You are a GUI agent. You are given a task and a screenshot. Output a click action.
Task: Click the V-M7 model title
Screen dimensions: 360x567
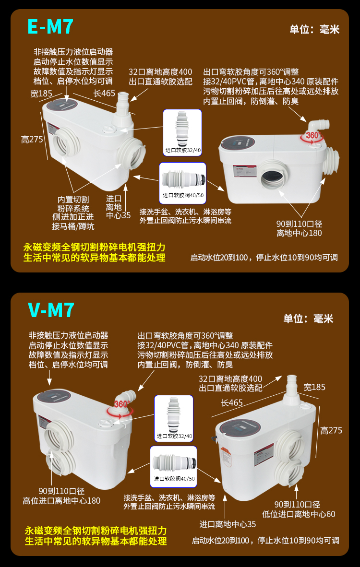(x=51, y=310)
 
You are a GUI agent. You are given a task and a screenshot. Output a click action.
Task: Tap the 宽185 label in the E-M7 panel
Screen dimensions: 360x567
(x=41, y=94)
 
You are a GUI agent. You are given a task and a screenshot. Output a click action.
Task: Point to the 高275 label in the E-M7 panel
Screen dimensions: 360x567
(x=32, y=140)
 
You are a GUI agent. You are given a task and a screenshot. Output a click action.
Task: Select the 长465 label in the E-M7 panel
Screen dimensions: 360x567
(x=104, y=94)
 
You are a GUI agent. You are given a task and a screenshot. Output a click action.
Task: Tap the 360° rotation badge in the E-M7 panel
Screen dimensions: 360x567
(x=312, y=136)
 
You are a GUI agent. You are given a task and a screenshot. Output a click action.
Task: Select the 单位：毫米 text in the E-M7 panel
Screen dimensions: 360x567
(x=314, y=30)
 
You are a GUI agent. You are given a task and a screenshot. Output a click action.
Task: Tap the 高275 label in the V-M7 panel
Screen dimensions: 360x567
(x=331, y=430)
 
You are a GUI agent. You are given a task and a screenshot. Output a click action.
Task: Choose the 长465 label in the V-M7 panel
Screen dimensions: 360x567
(x=232, y=403)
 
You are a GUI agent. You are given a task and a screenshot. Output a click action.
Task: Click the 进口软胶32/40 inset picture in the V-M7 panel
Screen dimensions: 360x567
(x=173, y=418)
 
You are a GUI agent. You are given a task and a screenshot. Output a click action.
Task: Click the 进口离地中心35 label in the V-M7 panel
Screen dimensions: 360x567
(x=228, y=524)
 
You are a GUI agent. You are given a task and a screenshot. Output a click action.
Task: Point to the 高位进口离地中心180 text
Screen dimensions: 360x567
(x=61, y=501)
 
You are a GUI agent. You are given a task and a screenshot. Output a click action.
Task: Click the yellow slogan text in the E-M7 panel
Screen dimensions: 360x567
(x=94, y=252)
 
